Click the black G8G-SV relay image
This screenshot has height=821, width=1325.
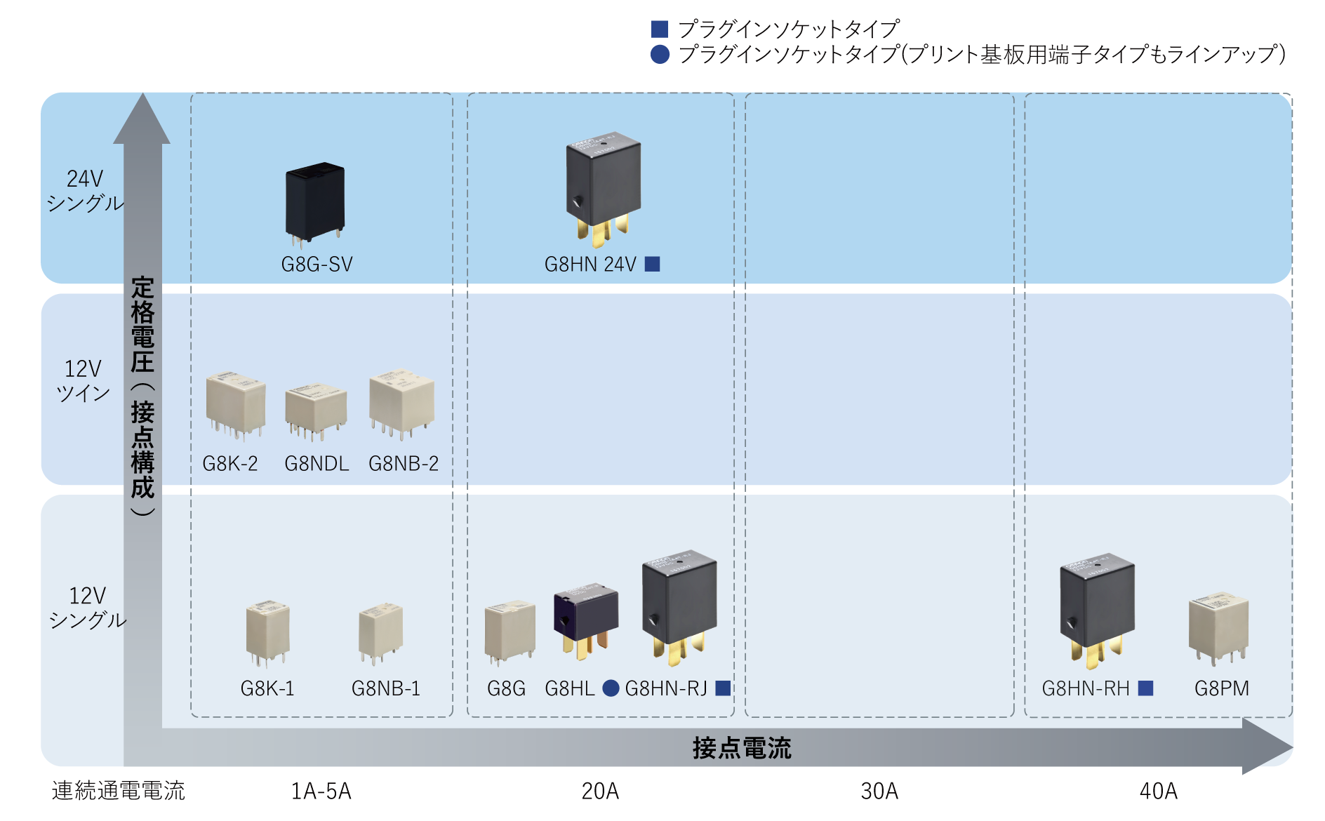315,203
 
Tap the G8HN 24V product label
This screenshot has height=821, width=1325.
590,265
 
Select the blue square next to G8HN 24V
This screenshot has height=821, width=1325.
653,264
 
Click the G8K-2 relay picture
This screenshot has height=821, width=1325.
235,405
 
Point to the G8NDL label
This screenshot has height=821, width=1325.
317,464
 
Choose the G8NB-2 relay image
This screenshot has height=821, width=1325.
402,405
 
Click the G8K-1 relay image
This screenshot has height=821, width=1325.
267,632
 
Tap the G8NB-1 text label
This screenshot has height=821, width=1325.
386,688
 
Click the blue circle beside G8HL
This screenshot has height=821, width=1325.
611,688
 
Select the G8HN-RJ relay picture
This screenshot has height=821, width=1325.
679,608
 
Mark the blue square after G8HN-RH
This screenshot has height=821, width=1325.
1145,688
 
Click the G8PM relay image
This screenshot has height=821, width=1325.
1218,628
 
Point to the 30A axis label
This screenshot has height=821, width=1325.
879,792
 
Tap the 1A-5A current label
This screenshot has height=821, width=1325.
321,792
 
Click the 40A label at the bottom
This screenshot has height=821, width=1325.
1159,792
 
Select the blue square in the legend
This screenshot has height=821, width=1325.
660,29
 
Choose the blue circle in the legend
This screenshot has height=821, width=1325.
660,54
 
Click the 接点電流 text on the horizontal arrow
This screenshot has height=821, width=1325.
742,748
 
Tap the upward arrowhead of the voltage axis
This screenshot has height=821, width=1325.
142,119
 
